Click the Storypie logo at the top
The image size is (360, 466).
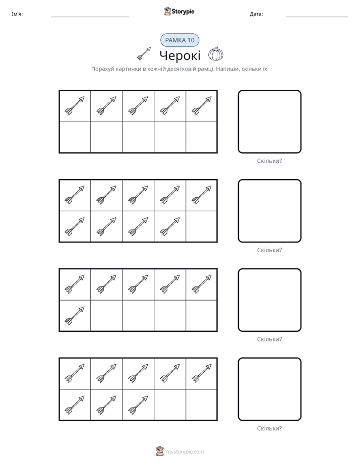coord(179,12)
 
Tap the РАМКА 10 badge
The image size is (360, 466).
coord(179,40)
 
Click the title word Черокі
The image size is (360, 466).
coord(180,55)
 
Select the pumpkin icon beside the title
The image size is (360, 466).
coord(216,54)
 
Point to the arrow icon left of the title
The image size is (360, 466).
coord(144,54)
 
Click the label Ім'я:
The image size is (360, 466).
coord(17,14)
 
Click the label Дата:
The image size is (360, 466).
coord(256,14)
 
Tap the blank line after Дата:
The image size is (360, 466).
coord(317,17)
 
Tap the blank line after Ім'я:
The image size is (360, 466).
coord(90,17)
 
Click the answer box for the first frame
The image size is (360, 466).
coord(269,122)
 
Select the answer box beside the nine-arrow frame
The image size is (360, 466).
coord(269,211)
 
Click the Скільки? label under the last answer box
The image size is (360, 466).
coord(269,428)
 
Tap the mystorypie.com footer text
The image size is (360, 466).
coord(185,452)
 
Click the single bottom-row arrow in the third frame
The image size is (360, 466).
coord(75,316)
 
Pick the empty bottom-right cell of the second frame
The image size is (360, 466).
coord(201,226)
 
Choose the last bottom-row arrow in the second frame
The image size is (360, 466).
coord(170,227)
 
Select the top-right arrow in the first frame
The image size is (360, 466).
coord(202,106)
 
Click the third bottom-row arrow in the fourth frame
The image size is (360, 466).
coord(138,405)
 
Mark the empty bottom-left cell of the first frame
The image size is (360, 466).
coord(75,137)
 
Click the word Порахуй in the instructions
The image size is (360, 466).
coord(103,69)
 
